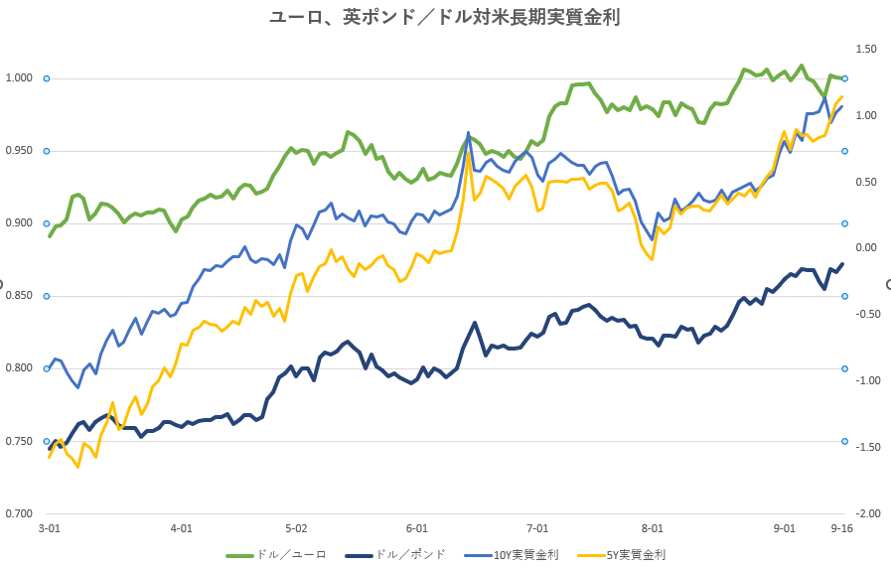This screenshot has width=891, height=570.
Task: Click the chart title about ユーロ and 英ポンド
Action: [445, 17]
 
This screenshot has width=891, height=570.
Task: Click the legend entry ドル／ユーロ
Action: [291, 555]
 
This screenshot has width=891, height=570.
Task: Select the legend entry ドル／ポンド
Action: [410, 555]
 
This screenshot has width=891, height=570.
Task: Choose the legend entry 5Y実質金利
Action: [636, 555]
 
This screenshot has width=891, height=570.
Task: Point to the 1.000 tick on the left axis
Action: [19, 78]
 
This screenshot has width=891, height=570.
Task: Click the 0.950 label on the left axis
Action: [19, 151]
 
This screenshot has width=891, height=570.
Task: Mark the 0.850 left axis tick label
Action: [19, 296]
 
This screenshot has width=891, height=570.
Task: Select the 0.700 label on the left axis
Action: [19, 513]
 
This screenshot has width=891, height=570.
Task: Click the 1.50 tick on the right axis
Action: [866, 49]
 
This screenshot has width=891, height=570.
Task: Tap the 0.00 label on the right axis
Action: [866, 248]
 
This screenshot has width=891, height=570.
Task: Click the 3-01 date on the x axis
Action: [49, 529]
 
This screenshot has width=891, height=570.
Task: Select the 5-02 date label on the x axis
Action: [296, 529]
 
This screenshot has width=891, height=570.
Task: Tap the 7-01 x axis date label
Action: [537, 529]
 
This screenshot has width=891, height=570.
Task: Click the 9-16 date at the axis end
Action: [842, 529]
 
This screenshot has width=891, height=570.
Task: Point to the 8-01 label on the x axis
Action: [653, 529]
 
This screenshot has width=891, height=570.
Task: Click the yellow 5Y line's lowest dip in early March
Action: [77, 467]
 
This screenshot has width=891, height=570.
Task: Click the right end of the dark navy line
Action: [842, 264]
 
